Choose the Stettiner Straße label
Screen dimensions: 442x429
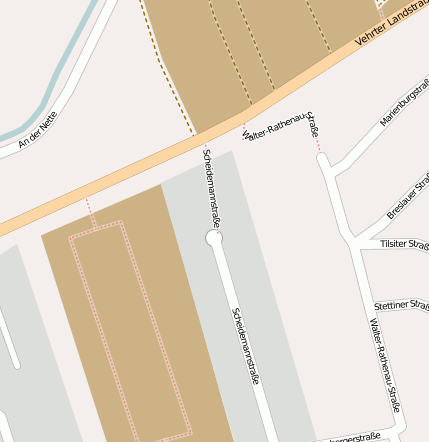point(401,303)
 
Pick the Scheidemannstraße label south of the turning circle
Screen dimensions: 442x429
point(246,346)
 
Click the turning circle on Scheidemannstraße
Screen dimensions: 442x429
point(213,238)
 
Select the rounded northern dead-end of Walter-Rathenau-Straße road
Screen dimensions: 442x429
point(323,159)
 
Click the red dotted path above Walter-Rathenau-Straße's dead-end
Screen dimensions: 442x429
point(319,145)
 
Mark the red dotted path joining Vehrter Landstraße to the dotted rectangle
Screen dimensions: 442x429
point(90,211)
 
